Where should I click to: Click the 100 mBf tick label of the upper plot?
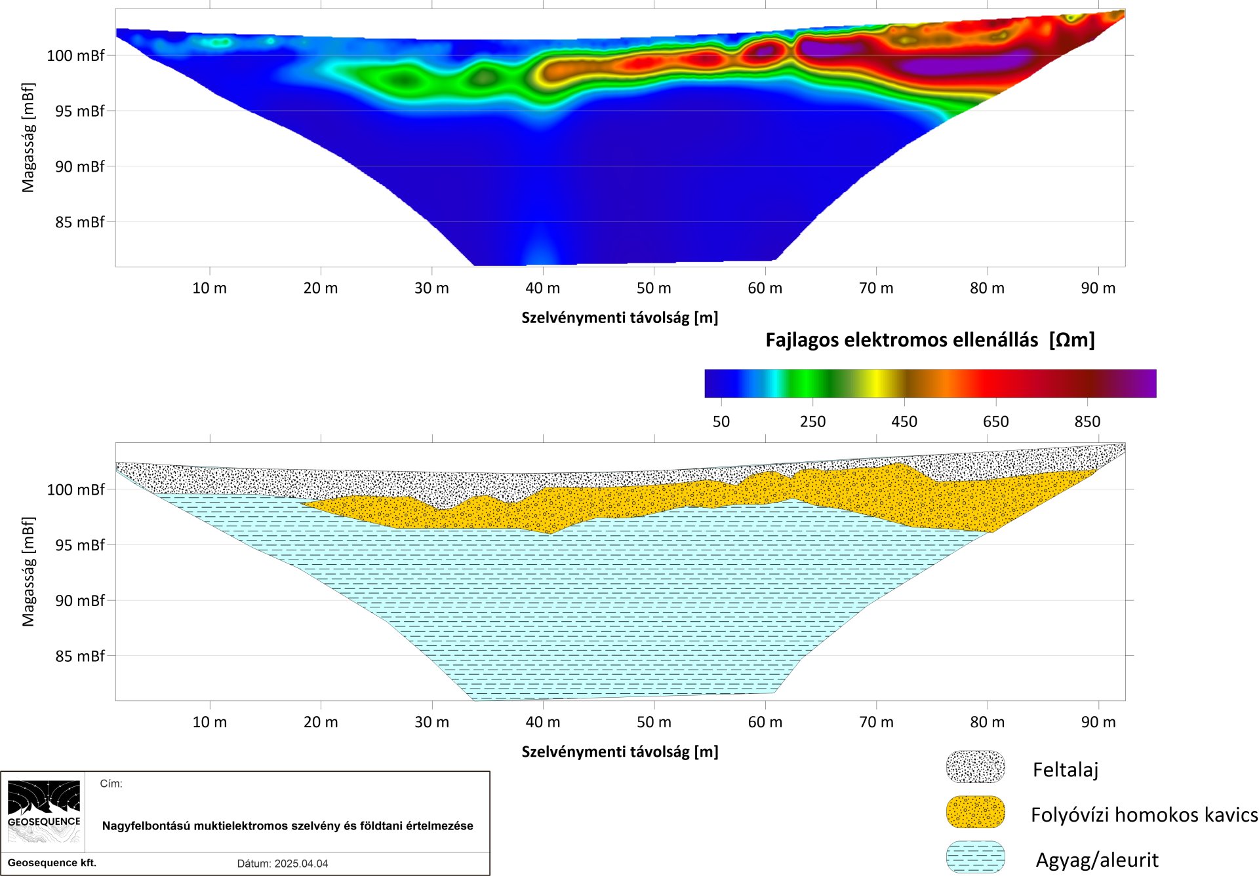pyautogui.click(x=75, y=56)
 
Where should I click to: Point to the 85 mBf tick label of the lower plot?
pyautogui.click(x=79, y=656)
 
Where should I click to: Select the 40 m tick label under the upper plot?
pyautogui.click(x=543, y=288)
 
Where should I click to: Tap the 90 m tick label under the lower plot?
pyautogui.click(x=1098, y=722)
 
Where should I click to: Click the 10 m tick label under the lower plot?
pyautogui.click(x=210, y=722)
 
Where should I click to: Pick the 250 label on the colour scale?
pyautogui.click(x=813, y=422)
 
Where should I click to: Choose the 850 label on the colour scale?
pyautogui.click(x=1087, y=422)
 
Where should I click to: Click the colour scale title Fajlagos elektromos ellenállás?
pyautogui.click(x=902, y=340)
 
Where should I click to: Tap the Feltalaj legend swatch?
pyautogui.click(x=976, y=767)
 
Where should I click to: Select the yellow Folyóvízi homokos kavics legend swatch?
pyautogui.click(x=976, y=812)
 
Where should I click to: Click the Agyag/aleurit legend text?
pyautogui.click(x=1097, y=860)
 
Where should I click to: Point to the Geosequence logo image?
pyautogui.click(x=44, y=812)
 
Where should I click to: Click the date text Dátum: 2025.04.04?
pyautogui.click(x=283, y=864)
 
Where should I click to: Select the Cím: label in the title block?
pyautogui.click(x=111, y=784)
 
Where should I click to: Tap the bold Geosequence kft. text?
pyautogui.click(x=52, y=863)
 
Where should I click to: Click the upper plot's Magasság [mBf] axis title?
pyautogui.click(x=28, y=138)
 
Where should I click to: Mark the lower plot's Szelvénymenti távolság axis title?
pyautogui.click(x=620, y=752)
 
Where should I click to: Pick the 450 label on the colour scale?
pyautogui.click(x=904, y=422)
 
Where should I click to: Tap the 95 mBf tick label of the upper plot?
pyautogui.click(x=79, y=111)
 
